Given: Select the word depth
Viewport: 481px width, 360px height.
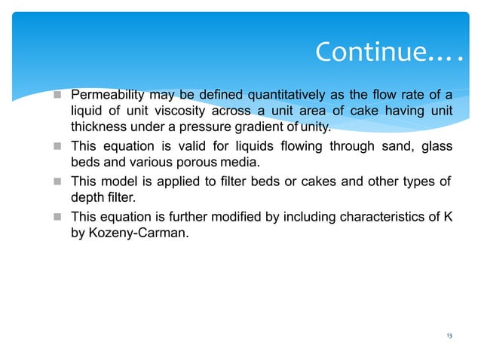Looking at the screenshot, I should [x=87, y=197].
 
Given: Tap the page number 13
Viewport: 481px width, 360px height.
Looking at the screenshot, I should [x=449, y=336].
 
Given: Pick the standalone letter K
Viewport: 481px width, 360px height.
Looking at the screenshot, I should [x=447, y=215].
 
